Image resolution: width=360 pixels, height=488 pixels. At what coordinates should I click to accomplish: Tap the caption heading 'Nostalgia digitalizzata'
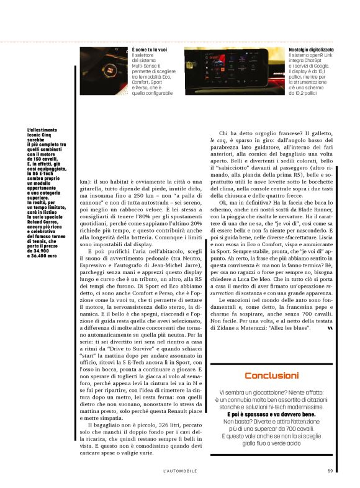point(311,49)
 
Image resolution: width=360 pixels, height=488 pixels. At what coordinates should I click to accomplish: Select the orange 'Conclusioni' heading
point(271,375)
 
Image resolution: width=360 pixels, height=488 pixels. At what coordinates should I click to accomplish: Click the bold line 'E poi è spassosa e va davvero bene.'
point(271,414)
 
